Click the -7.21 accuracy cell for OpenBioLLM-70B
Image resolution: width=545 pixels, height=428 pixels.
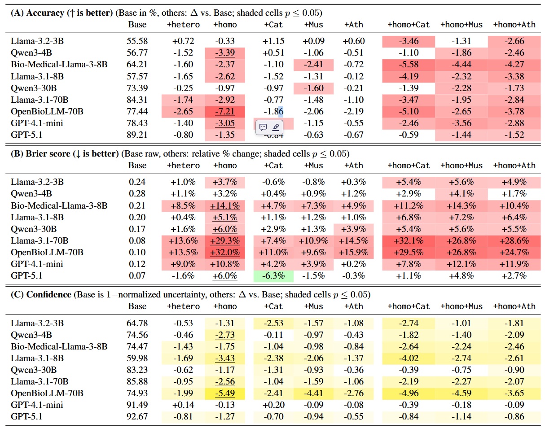coord(225,112)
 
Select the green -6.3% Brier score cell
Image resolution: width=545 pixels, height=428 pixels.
coord(273,276)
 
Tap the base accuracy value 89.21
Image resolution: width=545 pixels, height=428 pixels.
coord(137,135)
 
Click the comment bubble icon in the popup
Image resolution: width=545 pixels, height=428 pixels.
coord(263,127)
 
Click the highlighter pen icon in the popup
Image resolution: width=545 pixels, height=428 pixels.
coord(276,127)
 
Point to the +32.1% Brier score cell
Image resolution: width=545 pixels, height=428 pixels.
coord(409,241)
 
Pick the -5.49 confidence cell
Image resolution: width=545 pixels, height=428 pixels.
coord(225,393)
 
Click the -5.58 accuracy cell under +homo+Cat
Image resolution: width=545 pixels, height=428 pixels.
coord(409,65)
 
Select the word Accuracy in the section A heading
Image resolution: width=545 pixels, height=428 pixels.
coord(45,13)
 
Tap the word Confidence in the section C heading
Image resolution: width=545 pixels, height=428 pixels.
coord(48,294)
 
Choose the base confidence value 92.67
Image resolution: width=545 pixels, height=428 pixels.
coord(137,416)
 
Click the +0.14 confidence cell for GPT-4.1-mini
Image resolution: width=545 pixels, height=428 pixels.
coord(183,405)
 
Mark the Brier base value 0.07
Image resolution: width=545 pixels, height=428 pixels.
coord(137,275)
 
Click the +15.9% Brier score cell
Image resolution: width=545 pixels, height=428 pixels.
coord(354,252)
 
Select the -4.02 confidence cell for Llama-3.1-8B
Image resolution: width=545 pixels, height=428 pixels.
coord(409,358)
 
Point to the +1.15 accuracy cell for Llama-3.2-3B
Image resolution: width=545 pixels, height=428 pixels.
coord(273,41)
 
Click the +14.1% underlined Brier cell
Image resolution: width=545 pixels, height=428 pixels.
coord(225,206)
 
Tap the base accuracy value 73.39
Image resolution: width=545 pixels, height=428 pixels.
coord(137,88)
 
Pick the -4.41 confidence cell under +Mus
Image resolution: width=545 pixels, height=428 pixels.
coord(313,393)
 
